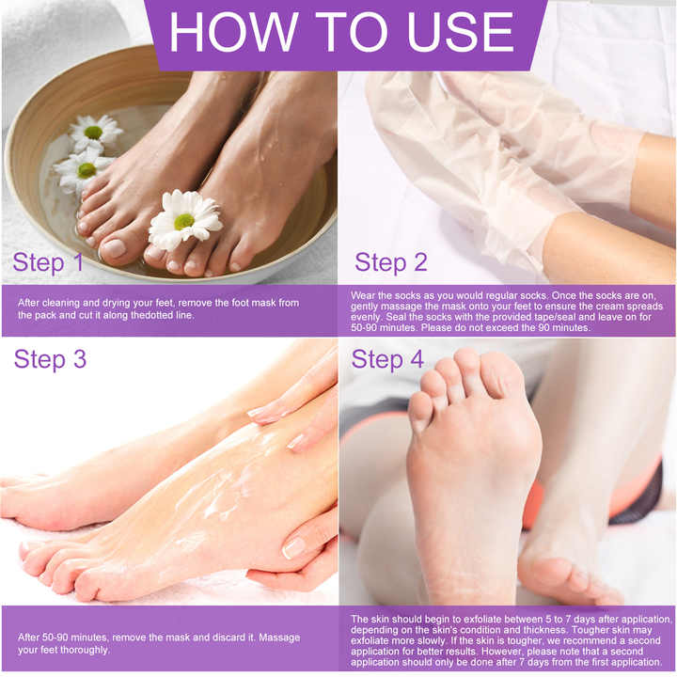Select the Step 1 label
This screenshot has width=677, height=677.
(x=48, y=262)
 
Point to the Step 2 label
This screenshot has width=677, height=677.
(x=390, y=262)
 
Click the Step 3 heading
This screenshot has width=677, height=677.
(x=53, y=360)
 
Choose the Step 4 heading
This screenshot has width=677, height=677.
(x=387, y=360)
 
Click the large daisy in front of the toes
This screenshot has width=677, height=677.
(x=184, y=221)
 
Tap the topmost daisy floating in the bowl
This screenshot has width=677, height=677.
(x=94, y=133)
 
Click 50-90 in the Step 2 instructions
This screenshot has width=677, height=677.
(x=368, y=328)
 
